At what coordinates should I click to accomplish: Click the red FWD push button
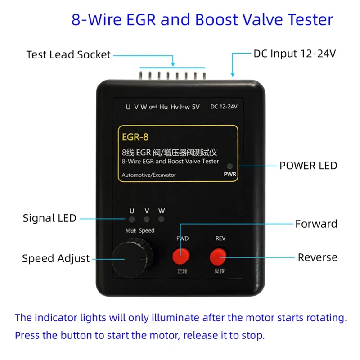[181, 256]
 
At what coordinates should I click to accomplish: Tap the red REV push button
[218, 256]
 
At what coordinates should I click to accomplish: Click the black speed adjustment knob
[132, 258]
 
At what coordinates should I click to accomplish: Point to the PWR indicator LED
[229, 166]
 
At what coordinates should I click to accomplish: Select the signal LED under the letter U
[131, 219]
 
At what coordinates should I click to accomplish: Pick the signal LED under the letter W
[161, 219]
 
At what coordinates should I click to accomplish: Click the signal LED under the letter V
[147, 219]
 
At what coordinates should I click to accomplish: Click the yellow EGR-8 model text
[135, 137]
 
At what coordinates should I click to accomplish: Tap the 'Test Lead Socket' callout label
[68, 55]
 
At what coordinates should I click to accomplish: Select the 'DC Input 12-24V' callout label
[295, 54]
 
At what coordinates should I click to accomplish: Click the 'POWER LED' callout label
[308, 166]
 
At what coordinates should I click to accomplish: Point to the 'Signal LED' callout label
[49, 218]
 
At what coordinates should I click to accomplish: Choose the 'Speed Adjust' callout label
[56, 258]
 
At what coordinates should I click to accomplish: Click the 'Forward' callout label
[316, 224]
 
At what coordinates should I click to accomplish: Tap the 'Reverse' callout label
[318, 257]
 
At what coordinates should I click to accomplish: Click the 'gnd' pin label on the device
[153, 107]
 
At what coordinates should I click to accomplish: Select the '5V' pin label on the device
[196, 107]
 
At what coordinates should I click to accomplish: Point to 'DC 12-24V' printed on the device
[224, 107]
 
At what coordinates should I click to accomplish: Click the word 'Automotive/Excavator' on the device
[149, 175]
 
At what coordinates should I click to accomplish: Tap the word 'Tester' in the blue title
[310, 19]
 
